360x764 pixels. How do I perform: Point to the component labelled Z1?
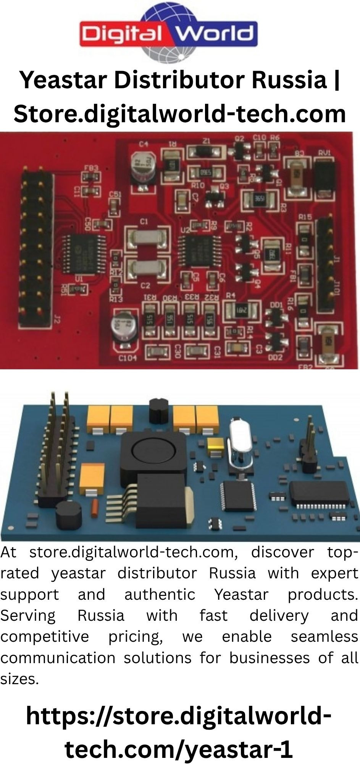(206, 152)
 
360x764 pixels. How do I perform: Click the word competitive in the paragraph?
(44, 637)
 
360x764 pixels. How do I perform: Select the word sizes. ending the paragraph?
(19, 679)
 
